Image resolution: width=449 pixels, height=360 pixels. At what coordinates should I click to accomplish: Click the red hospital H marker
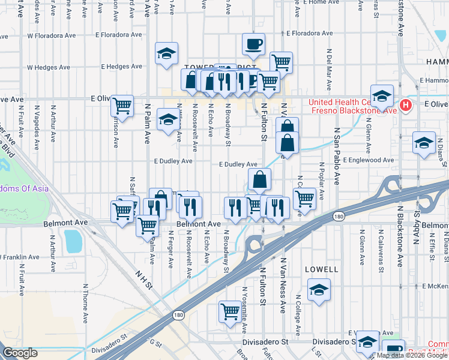406,106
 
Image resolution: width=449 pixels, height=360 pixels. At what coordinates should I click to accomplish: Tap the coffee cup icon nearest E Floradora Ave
253,43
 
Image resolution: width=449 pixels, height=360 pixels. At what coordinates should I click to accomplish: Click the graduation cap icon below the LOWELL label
318,290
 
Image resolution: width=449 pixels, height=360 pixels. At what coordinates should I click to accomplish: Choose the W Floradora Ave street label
51,35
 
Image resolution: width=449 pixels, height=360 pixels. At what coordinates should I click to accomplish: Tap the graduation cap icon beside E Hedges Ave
166,53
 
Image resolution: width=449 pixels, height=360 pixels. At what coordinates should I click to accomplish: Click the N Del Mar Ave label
329,67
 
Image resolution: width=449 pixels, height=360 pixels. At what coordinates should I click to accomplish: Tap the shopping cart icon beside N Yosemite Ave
229,311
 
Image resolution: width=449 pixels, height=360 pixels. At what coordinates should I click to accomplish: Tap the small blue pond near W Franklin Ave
73,241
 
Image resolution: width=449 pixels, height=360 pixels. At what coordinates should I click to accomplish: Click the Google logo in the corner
20,353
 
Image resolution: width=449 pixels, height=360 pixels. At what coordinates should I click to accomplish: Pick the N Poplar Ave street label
321,181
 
